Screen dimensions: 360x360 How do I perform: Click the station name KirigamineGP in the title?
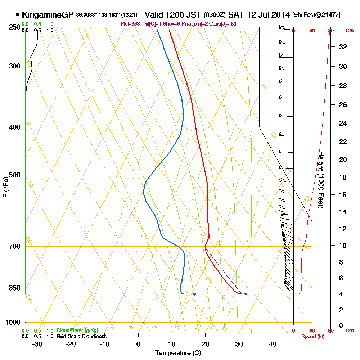48,15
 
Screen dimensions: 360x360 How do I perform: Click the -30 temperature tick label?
37,343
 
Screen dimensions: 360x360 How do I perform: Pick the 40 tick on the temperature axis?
273,343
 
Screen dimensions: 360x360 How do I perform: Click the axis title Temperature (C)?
178,353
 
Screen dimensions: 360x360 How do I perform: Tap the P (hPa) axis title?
5,187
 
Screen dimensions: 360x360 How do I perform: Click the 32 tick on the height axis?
343,47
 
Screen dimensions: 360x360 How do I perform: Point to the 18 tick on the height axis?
343,177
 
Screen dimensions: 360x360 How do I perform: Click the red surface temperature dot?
246,294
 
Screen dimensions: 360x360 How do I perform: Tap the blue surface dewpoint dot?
195,294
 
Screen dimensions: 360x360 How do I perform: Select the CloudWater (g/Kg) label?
77,330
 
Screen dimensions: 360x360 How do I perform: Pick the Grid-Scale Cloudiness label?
81,336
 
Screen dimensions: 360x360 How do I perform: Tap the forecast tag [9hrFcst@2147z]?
316,15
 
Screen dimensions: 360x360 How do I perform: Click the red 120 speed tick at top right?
349,31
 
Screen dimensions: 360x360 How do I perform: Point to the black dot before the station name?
18,15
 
